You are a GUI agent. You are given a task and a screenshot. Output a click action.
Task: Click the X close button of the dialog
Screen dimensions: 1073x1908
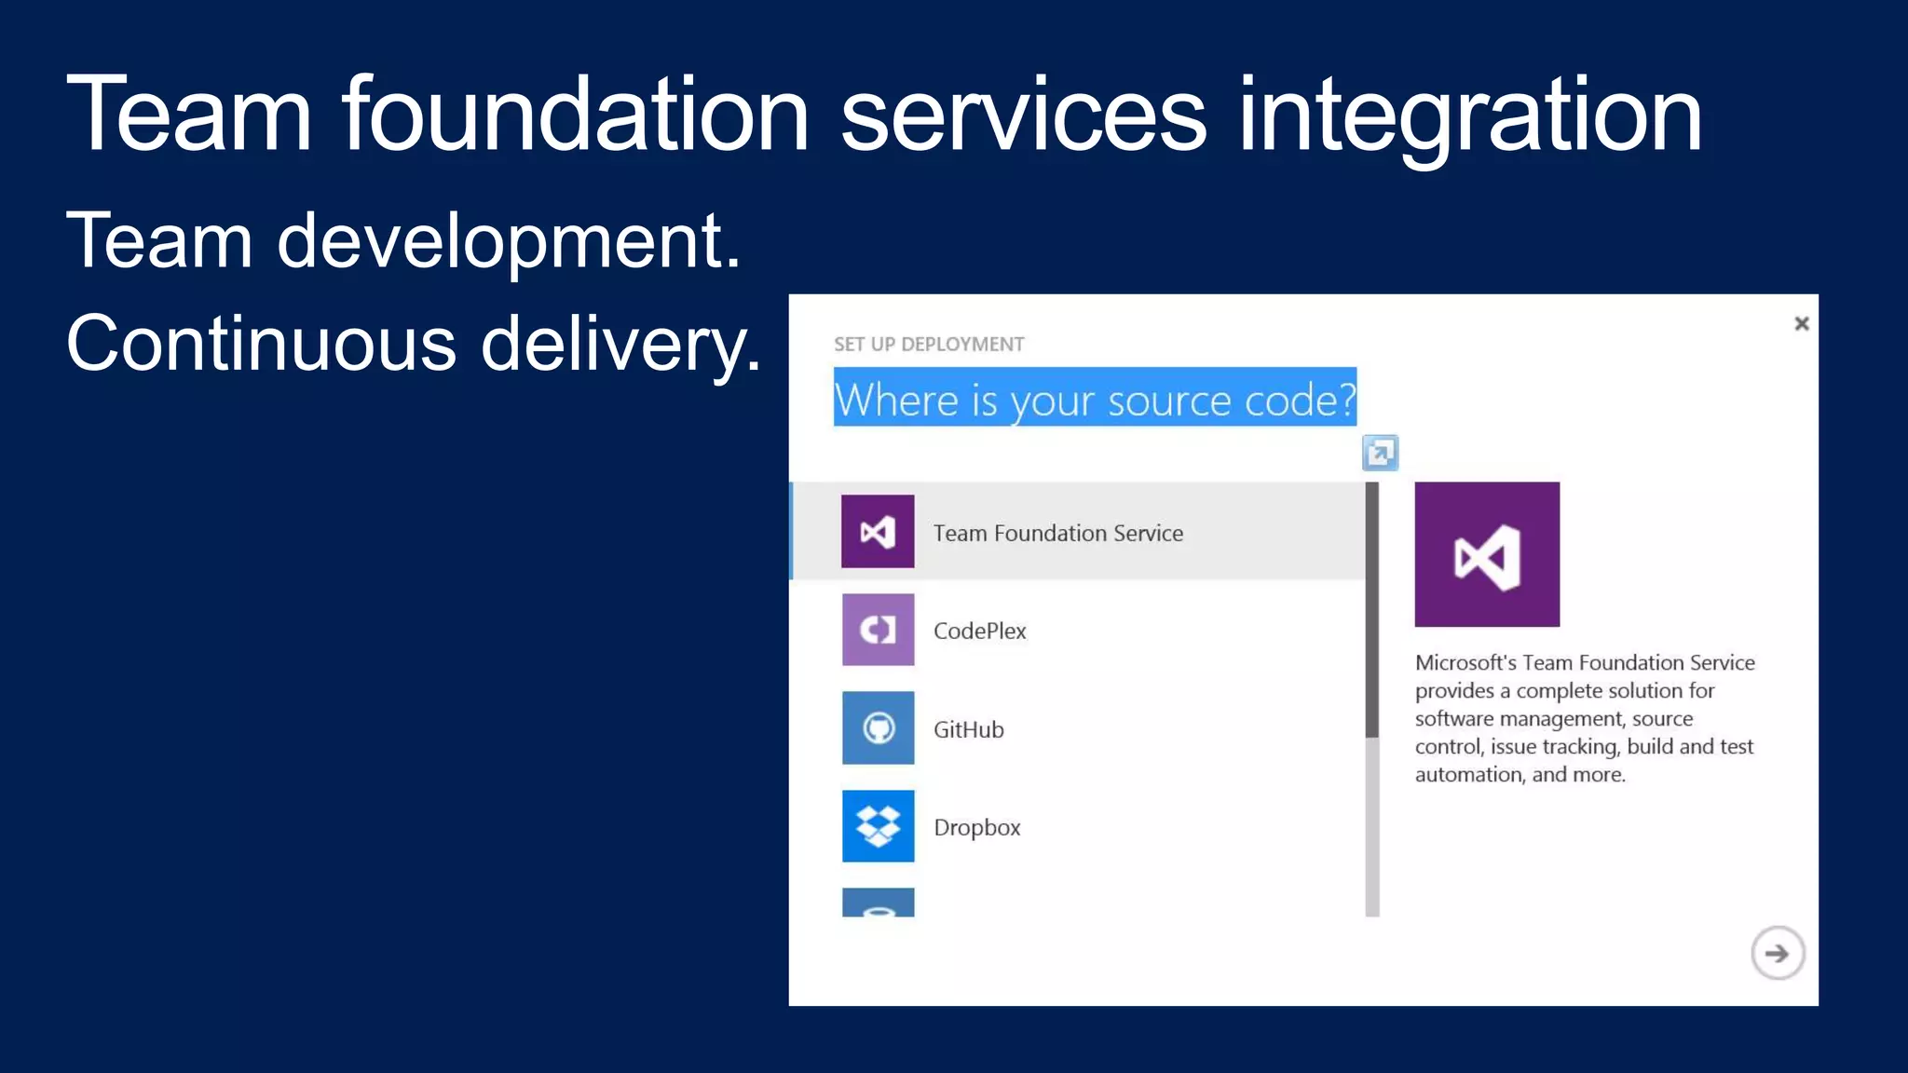point(1801,323)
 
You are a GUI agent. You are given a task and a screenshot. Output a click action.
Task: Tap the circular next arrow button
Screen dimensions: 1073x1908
point(1777,953)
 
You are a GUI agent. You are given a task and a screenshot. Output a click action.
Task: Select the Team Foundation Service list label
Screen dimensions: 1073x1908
point(1057,533)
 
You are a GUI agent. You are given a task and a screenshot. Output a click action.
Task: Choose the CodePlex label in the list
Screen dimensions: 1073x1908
point(979,631)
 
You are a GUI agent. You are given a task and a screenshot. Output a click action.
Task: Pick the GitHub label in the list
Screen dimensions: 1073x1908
point(968,729)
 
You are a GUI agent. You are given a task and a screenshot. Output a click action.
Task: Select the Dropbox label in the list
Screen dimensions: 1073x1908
point(976,827)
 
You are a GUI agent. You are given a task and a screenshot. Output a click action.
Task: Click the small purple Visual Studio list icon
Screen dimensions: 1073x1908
point(878,532)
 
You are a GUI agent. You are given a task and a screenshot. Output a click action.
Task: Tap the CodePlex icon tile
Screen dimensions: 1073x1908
point(878,630)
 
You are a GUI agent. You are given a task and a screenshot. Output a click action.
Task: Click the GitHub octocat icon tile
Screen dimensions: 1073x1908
point(878,728)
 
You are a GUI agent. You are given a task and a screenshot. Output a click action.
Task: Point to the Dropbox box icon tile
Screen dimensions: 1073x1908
point(878,826)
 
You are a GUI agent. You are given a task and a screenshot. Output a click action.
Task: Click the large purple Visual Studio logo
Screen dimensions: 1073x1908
point(1486,554)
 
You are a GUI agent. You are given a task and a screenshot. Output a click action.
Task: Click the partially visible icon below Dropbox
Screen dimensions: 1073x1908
point(878,903)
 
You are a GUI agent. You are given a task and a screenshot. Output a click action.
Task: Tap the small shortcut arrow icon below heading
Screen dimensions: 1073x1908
point(1380,454)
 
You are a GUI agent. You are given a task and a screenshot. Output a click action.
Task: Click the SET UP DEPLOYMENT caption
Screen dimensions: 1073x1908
point(928,345)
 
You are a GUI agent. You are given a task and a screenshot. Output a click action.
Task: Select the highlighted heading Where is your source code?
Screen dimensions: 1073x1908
point(1094,399)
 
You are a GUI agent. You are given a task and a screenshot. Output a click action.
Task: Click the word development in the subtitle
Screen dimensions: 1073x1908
point(508,241)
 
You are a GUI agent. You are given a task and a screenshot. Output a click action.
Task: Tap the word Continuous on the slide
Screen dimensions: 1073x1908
point(261,344)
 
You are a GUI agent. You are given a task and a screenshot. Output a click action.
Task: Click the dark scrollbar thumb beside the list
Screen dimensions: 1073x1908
point(1371,610)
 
